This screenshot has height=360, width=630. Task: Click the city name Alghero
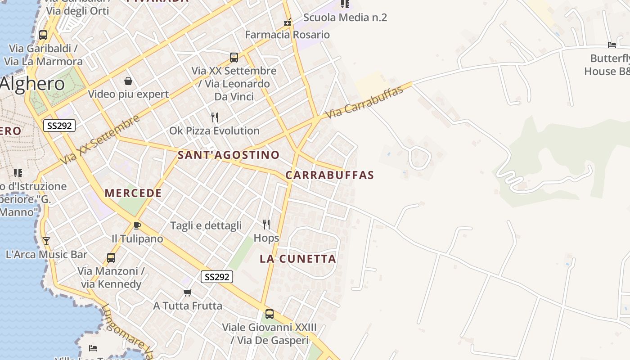point(32,84)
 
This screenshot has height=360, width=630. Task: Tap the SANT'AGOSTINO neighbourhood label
point(229,155)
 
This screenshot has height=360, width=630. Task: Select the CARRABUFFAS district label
point(330,175)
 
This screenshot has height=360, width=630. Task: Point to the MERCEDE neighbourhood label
point(133,193)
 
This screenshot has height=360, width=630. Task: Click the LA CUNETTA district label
point(298,259)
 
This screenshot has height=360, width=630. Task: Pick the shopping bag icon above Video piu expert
point(128,81)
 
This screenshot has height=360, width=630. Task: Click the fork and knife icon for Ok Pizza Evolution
point(215,117)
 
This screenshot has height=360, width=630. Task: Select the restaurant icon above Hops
point(266,224)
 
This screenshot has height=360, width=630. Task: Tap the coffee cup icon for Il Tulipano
point(137,225)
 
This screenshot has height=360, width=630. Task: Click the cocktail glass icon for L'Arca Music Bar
point(46,241)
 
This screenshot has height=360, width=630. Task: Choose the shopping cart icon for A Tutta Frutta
point(188,292)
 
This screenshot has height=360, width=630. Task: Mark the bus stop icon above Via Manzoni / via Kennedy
point(111,258)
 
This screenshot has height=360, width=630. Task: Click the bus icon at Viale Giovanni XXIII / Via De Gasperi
point(269,314)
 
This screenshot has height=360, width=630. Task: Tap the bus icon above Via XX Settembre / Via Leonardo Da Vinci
point(234,58)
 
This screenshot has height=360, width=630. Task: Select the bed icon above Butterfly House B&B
point(612,45)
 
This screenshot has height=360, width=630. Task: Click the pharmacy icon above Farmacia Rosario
point(287,22)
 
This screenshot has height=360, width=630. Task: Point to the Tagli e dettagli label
point(206,226)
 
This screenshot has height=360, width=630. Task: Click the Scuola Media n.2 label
point(345,18)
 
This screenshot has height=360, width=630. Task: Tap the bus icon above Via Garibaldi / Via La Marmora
point(43,35)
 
